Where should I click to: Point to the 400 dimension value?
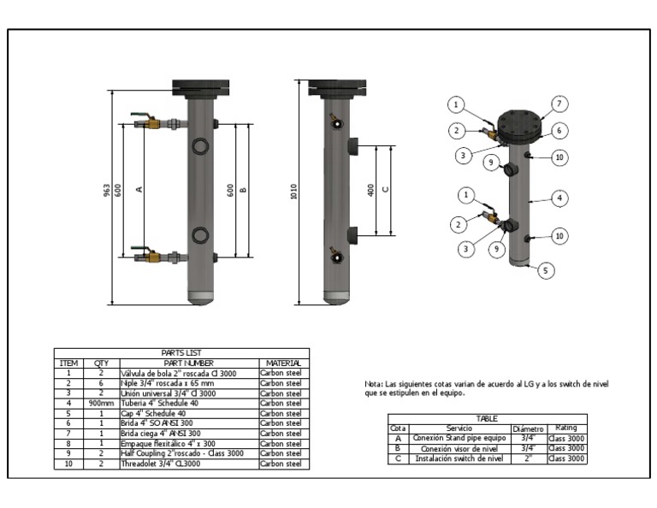370,190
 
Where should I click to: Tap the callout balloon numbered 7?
559,103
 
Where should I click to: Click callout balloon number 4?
559,198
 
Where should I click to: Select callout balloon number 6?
559,131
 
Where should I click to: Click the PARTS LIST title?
181,353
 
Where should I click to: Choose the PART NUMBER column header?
187,363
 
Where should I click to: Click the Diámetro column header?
528,428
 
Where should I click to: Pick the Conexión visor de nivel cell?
459,448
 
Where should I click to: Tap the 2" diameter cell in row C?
528,458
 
